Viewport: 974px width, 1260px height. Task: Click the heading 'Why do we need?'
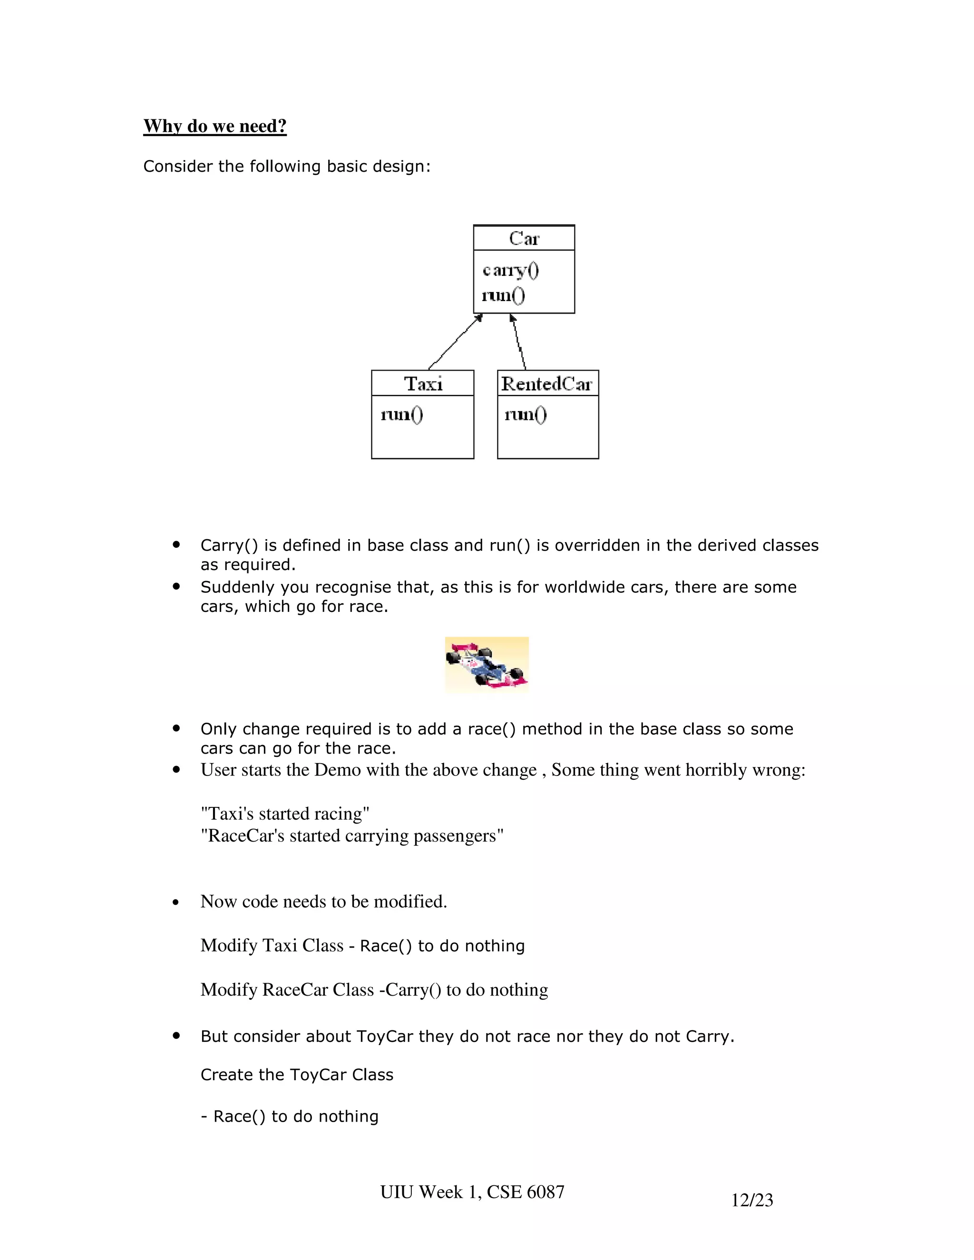point(214,126)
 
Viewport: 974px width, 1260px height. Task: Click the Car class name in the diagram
point(524,238)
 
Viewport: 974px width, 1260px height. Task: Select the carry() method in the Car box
point(511,270)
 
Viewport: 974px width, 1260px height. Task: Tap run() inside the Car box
point(503,295)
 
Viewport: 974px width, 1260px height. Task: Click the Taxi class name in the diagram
point(423,384)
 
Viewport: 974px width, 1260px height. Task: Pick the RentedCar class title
point(547,384)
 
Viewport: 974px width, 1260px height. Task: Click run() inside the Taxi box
point(401,414)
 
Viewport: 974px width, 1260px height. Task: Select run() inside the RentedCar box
point(525,414)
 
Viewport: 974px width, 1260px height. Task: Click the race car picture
point(487,665)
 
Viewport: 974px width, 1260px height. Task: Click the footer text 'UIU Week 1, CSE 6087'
point(472,1192)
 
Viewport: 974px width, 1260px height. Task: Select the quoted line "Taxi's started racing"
point(285,814)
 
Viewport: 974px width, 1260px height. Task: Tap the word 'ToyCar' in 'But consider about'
point(384,1036)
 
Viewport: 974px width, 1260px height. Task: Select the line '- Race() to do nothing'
point(290,1116)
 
